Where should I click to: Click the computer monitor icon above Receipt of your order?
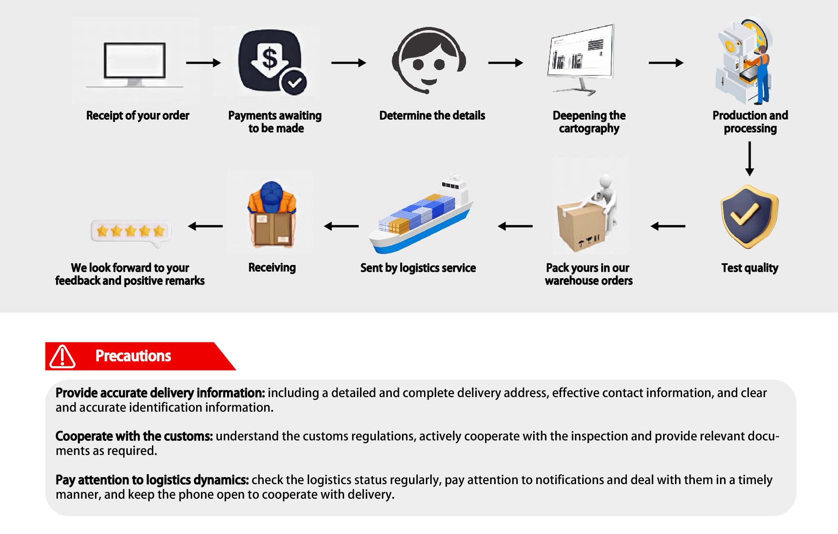[x=135, y=62]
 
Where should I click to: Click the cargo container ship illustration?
[x=420, y=216]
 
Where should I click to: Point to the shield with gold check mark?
[x=749, y=216]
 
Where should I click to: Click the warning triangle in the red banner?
[x=62, y=356]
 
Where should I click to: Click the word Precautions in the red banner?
[x=133, y=356]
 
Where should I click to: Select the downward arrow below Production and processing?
[x=749, y=159]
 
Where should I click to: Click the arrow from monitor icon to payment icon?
[x=203, y=63]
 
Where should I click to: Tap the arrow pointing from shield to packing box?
[x=668, y=226]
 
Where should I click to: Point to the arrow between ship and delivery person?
[x=341, y=226]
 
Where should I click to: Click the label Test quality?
[x=750, y=268]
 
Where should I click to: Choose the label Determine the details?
[x=432, y=116]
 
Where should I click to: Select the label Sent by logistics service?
[x=418, y=268]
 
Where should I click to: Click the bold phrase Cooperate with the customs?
[x=134, y=436]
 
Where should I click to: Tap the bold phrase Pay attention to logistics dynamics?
[x=152, y=480]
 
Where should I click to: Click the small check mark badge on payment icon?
[x=294, y=82]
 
